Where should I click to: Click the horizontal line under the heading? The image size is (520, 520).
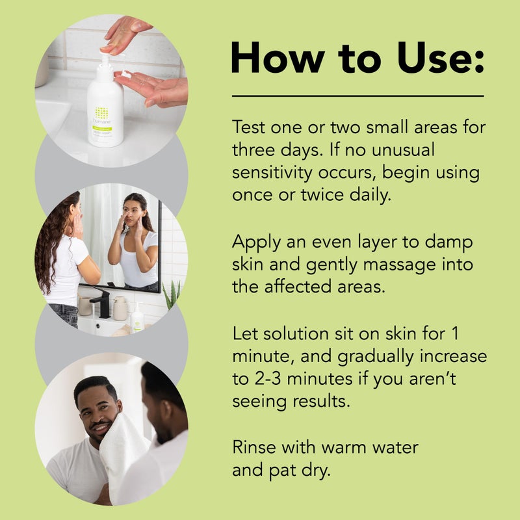click(357, 96)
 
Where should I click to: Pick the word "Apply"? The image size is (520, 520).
click(254, 242)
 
